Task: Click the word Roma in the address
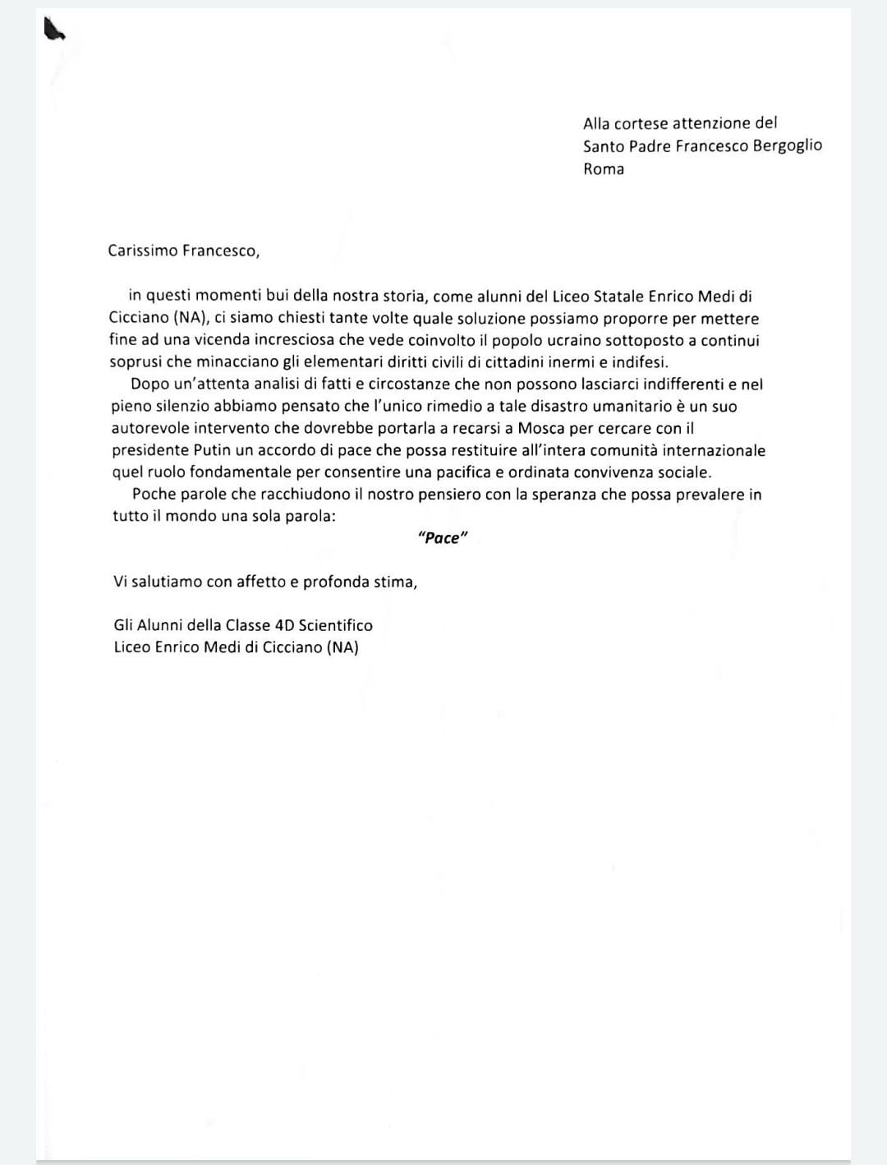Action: pos(604,169)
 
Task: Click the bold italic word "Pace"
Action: pos(443,538)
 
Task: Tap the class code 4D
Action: pos(284,625)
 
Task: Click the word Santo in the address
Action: pos(604,146)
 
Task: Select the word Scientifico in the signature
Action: pos(335,625)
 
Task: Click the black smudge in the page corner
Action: pos(53,31)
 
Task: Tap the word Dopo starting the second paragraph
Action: pos(149,384)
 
